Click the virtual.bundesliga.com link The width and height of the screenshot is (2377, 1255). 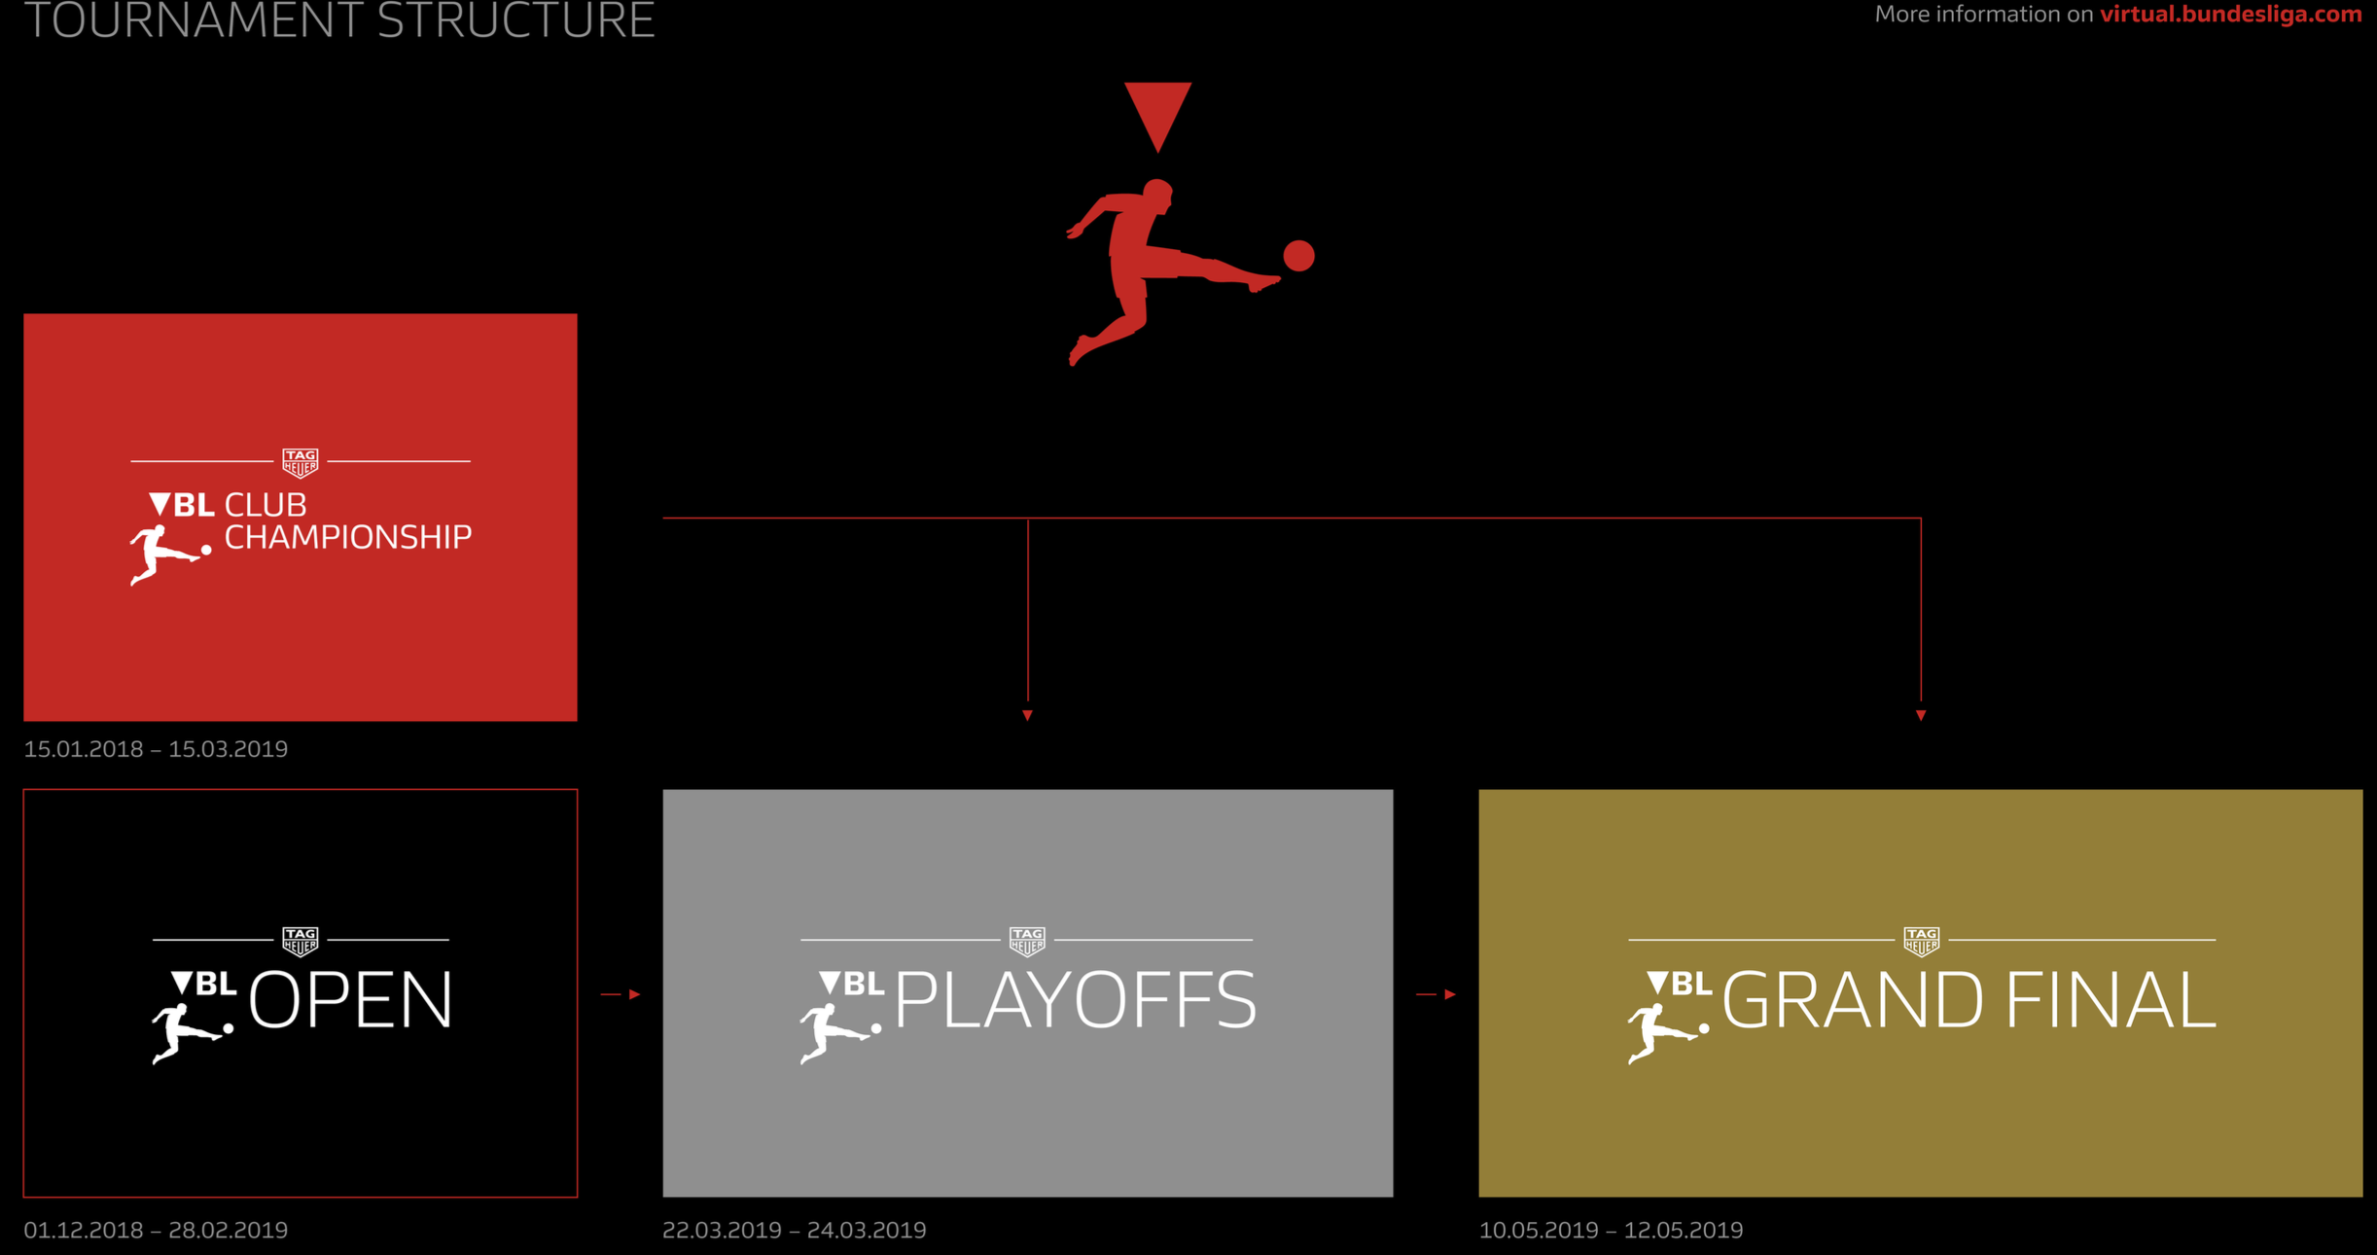pyautogui.click(x=2230, y=15)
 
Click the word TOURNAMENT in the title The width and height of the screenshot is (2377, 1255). pyautogui.click(x=194, y=19)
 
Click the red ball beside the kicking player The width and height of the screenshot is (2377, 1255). pyautogui.click(x=1298, y=256)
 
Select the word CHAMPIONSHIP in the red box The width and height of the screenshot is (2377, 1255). pyautogui.click(x=348, y=537)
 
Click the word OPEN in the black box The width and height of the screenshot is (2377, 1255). pyautogui.click(x=351, y=999)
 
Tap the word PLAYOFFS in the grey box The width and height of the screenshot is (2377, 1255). pyautogui.click(x=1076, y=999)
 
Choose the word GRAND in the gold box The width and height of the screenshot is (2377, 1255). pyautogui.click(x=1853, y=999)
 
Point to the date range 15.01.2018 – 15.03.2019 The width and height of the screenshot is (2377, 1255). pyautogui.click(x=156, y=749)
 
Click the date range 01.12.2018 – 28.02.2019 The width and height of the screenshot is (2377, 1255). pyautogui.click(x=156, y=1230)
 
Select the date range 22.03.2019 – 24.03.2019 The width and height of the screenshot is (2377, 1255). pyautogui.click(x=795, y=1230)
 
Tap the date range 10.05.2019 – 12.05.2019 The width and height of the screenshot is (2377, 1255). pyautogui.click(x=1611, y=1230)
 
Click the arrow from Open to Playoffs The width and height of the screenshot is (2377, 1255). pyautogui.click(x=621, y=994)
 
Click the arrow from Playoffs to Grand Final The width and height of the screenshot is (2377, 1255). pyautogui.click(x=1437, y=994)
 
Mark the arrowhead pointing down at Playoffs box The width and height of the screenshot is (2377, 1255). pyautogui.click(x=1027, y=715)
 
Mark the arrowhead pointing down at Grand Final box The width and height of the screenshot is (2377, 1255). pyautogui.click(x=1921, y=715)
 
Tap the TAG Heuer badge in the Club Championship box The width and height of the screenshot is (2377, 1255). pyautogui.click(x=301, y=462)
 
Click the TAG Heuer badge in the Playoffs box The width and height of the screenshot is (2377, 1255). pyautogui.click(x=1027, y=941)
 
